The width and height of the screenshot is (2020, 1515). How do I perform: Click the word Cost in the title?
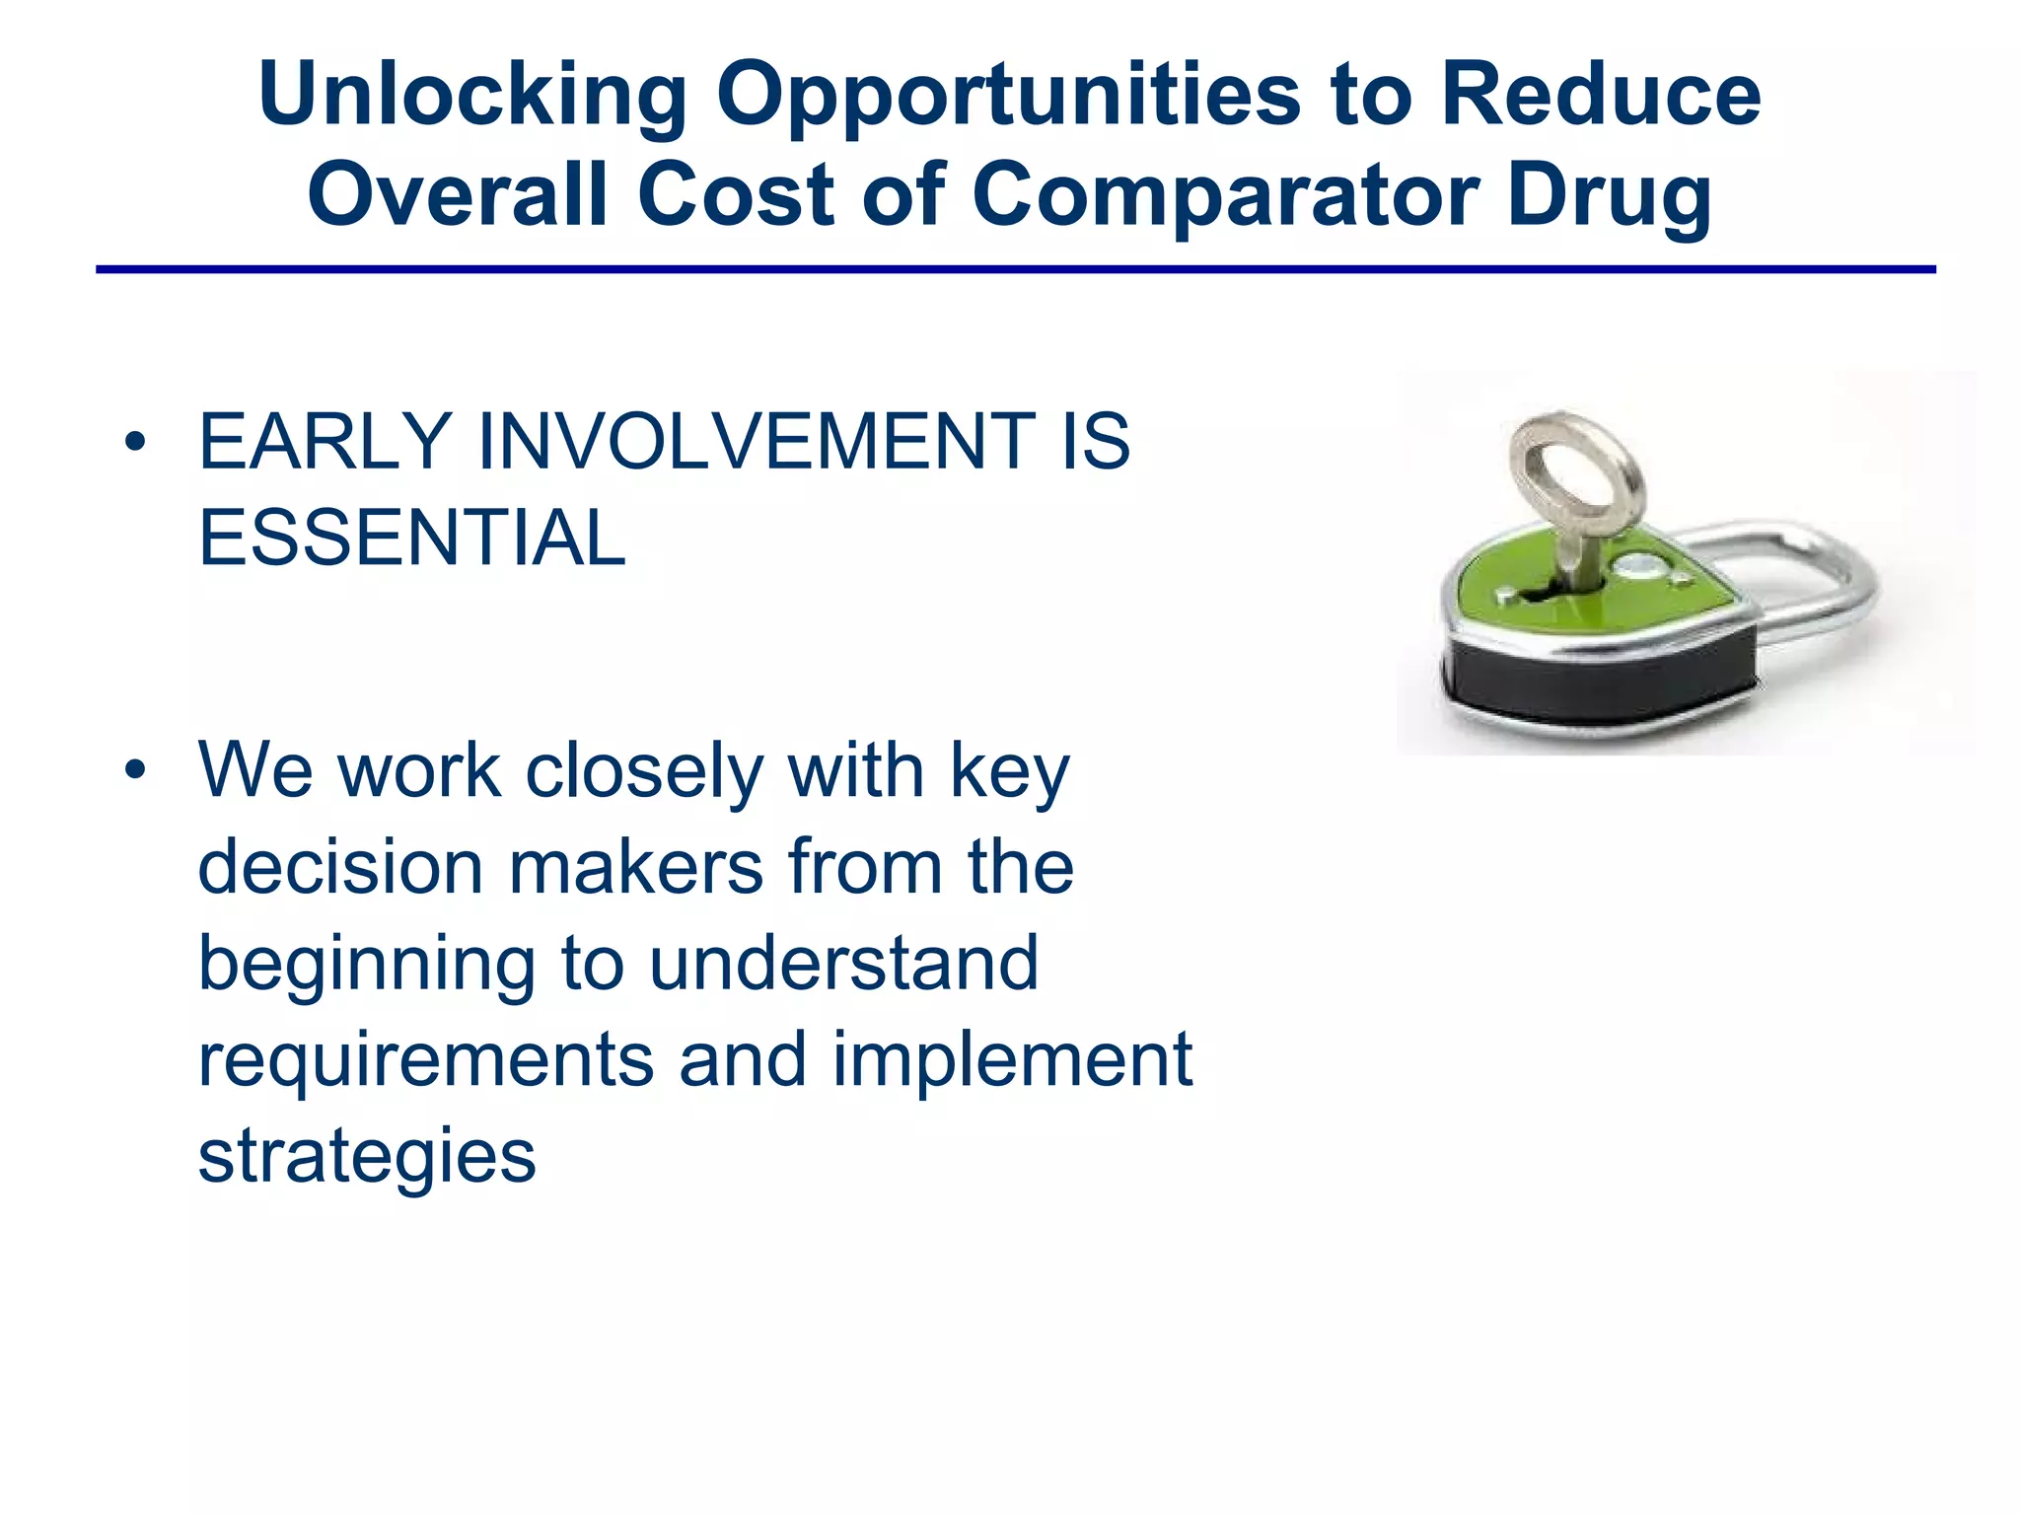coord(736,194)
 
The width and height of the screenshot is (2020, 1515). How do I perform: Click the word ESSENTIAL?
coord(411,538)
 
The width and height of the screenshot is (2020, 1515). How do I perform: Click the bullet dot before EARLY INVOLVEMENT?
coord(136,443)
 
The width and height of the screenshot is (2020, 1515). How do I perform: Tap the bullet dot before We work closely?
coord(136,770)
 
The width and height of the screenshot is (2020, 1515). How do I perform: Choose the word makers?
coord(636,867)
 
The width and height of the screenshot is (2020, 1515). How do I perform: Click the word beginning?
coord(366,964)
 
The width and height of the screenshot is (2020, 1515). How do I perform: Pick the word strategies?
coord(367,1156)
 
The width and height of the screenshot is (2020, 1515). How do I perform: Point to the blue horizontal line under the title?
coord(1016,268)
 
